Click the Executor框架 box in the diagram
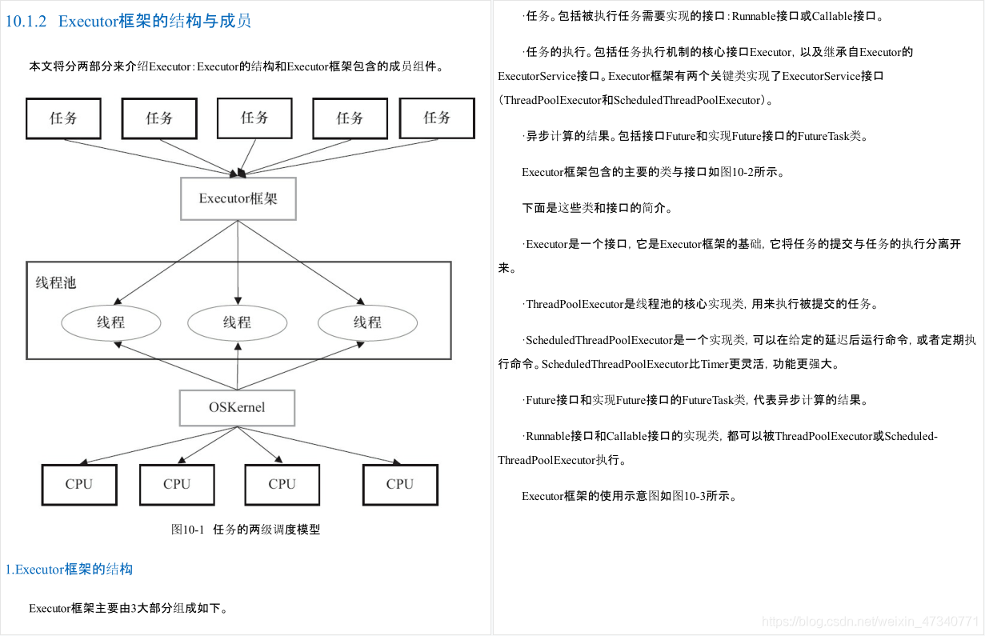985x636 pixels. coord(238,198)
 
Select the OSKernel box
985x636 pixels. coord(237,407)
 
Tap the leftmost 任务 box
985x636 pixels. coord(64,118)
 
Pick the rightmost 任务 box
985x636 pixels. coord(437,118)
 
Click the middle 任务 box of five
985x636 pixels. coord(254,118)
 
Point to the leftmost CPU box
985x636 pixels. coord(79,484)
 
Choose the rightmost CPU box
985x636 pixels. coord(400,484)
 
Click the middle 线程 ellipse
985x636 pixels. coord(238,322)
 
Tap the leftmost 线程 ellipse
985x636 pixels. coord(110,322)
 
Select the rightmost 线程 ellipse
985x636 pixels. coord(367,322)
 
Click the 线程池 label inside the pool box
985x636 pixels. coord(56,282)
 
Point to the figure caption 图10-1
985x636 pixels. coord(188,529)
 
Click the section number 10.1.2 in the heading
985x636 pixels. coord(26,21)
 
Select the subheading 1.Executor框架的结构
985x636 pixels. coord(69,569)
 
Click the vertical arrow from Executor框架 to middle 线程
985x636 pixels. coord(238,262)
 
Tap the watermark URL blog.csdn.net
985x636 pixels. coord(871,621)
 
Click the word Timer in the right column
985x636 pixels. coord(715,364)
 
